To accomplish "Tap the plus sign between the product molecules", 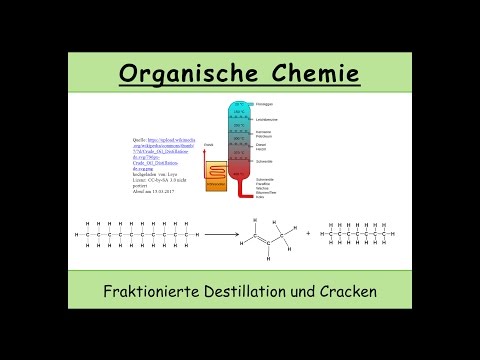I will tap(307, 237).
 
